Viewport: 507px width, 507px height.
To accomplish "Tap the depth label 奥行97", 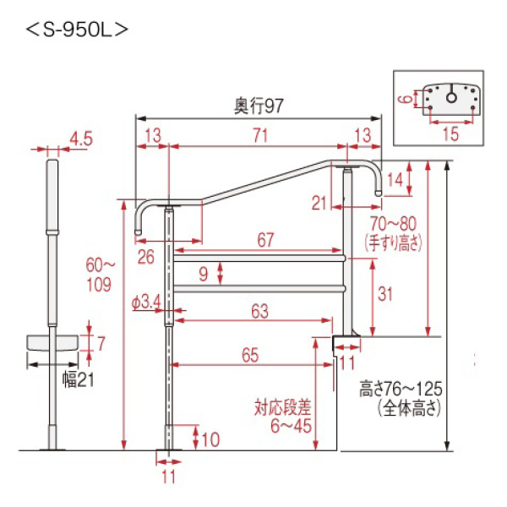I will [258, 107].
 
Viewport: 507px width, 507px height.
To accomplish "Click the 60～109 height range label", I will [100, 275].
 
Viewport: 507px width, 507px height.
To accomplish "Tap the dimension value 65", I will [248, 356].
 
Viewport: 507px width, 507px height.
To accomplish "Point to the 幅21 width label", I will [76, 381].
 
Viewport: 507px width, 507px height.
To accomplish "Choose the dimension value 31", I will [386, 294].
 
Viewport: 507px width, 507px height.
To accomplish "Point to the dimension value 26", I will [145, 257].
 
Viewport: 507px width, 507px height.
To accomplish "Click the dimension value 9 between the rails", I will [203, 272].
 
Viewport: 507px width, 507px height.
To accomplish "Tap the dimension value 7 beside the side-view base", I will [101, 344].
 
